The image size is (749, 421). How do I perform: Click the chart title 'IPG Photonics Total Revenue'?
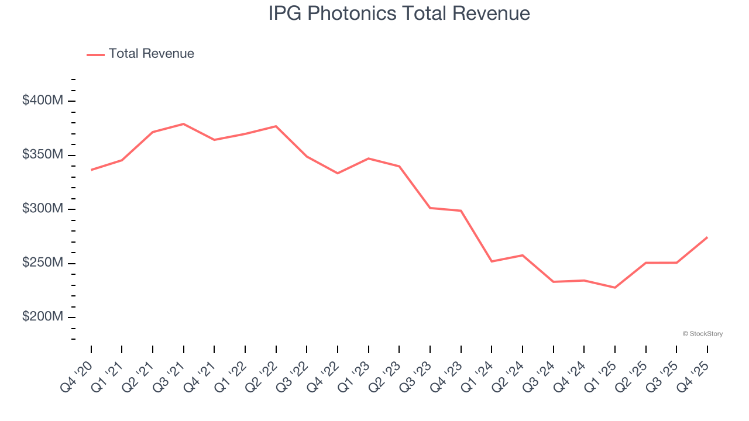[399, 13]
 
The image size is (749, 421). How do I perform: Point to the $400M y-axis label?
[42, 101]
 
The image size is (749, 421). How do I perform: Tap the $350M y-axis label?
[42, 155]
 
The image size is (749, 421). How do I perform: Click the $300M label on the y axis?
[42, 209]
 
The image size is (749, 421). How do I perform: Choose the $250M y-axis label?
[42, 263]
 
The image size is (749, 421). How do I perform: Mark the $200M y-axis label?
[42, 317]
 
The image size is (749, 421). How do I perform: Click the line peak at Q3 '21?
[183, 124]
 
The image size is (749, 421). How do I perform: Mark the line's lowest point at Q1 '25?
[614, 288]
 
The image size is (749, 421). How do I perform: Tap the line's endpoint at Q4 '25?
[707, 237]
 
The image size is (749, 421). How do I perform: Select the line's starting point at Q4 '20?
[91, 170]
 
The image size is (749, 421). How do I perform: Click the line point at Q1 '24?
[492, 261]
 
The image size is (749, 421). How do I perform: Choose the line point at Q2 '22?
[276, 126]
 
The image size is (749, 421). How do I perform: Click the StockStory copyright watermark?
[702, 334]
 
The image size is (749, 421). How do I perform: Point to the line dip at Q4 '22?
[338, 173]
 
